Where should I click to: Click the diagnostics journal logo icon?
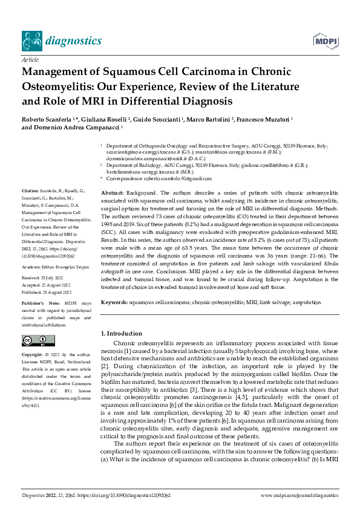tap(31, 41)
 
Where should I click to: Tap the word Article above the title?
tap(30, 61)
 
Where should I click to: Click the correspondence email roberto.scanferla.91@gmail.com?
tap(175, 179)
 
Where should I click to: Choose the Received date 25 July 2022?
tap(54, 268)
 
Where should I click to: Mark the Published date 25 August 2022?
tap(57, 282)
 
